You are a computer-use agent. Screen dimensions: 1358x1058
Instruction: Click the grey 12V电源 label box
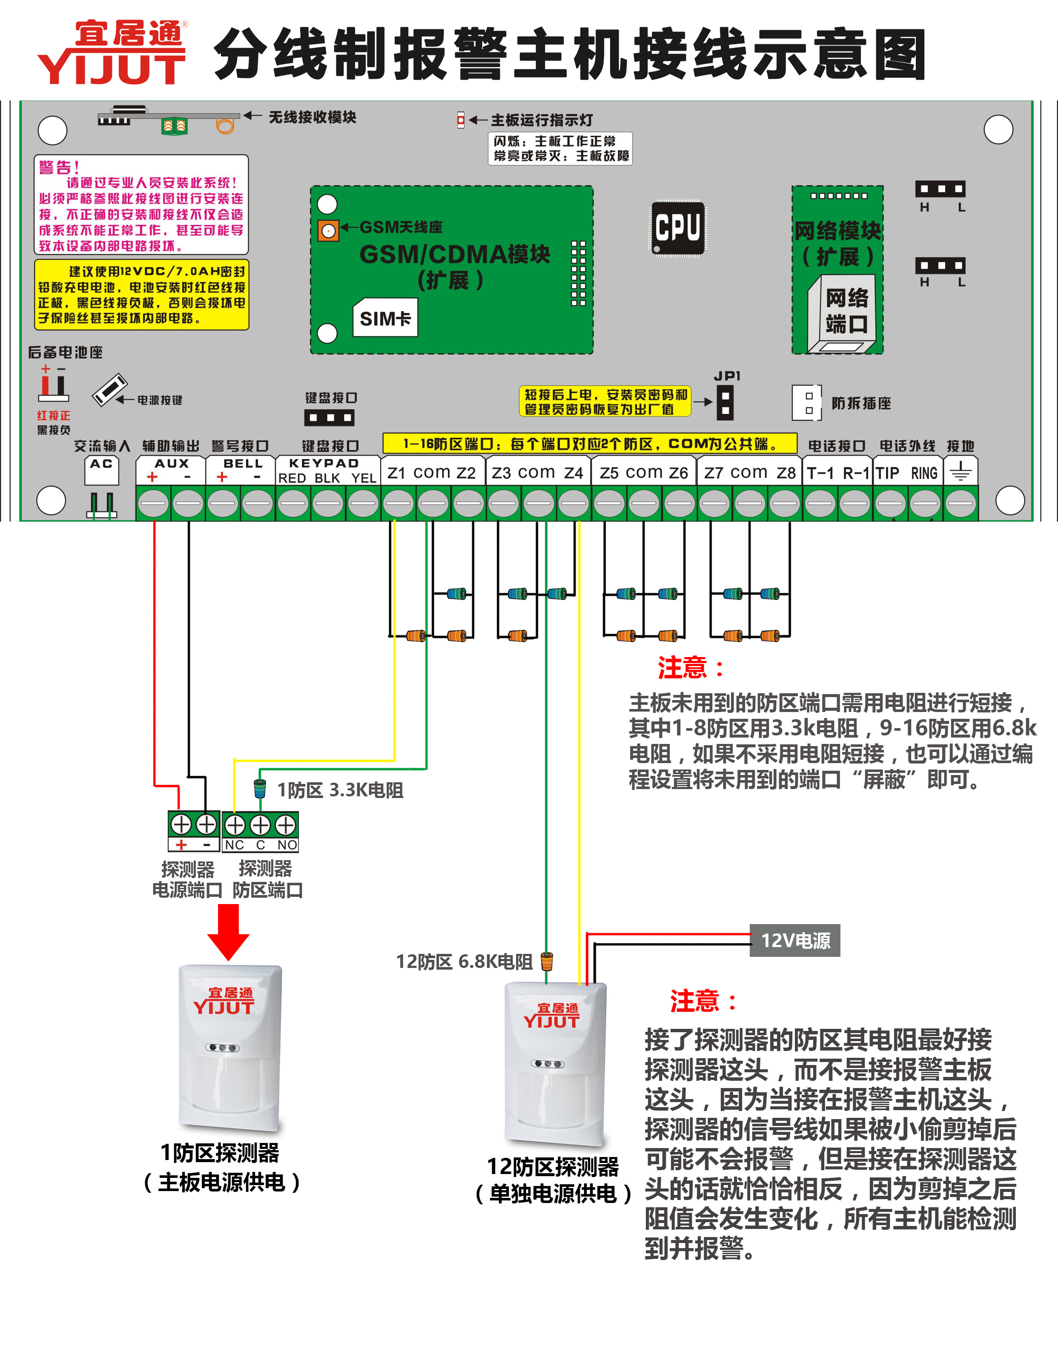794,940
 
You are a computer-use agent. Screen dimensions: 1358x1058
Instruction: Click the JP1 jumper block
725,402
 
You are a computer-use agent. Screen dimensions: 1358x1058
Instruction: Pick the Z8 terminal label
786,473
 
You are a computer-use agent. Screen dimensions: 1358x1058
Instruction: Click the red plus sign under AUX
152,477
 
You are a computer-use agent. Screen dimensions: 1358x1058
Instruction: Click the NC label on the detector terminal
234,844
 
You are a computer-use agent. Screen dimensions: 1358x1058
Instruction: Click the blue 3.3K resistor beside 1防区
260,788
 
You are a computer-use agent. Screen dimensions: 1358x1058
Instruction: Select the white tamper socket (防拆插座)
807,402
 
